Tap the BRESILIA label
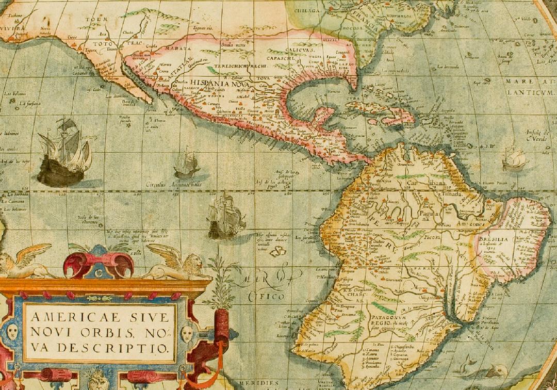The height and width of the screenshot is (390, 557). point(494,240)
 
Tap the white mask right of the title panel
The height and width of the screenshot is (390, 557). point(187,333)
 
